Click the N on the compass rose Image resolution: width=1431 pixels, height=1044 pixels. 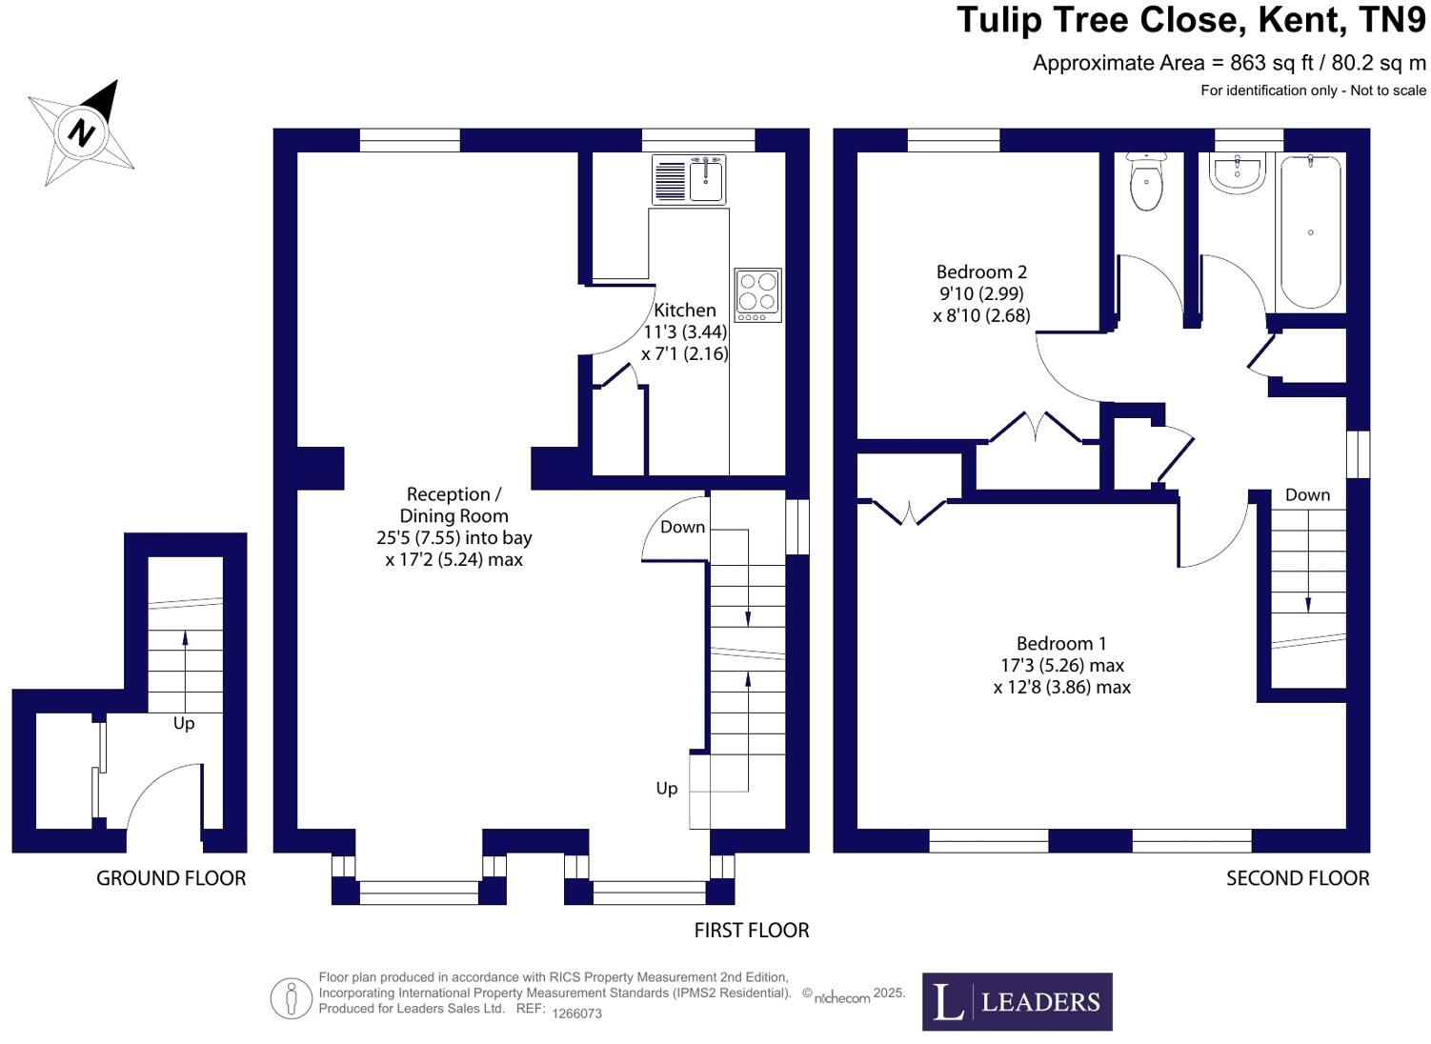(83, 131)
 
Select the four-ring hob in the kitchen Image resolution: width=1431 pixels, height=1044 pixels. (757, 294)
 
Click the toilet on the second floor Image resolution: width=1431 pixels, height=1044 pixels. (1145, 184)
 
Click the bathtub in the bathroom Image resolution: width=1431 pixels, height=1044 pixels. (1310, 233)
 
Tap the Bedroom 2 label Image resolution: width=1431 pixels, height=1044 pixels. (981, 272)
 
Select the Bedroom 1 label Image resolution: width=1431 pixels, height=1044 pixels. (1061, 644)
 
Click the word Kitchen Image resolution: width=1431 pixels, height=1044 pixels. (684, 311)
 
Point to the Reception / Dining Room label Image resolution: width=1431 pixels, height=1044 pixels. (453, 505)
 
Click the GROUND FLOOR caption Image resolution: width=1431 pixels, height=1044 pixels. (171, 878)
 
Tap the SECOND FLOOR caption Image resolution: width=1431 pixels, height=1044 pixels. (1298, 878)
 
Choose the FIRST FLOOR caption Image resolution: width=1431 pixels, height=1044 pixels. (752, 931)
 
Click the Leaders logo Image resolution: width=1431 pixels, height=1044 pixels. (1017, 1001)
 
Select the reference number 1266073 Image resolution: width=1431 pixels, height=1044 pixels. (577, 1014)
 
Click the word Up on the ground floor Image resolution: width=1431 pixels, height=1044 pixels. (184, 724)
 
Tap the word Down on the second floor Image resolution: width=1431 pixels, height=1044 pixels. (1307, 495)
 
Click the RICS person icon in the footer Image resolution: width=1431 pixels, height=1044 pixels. (292, 998)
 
